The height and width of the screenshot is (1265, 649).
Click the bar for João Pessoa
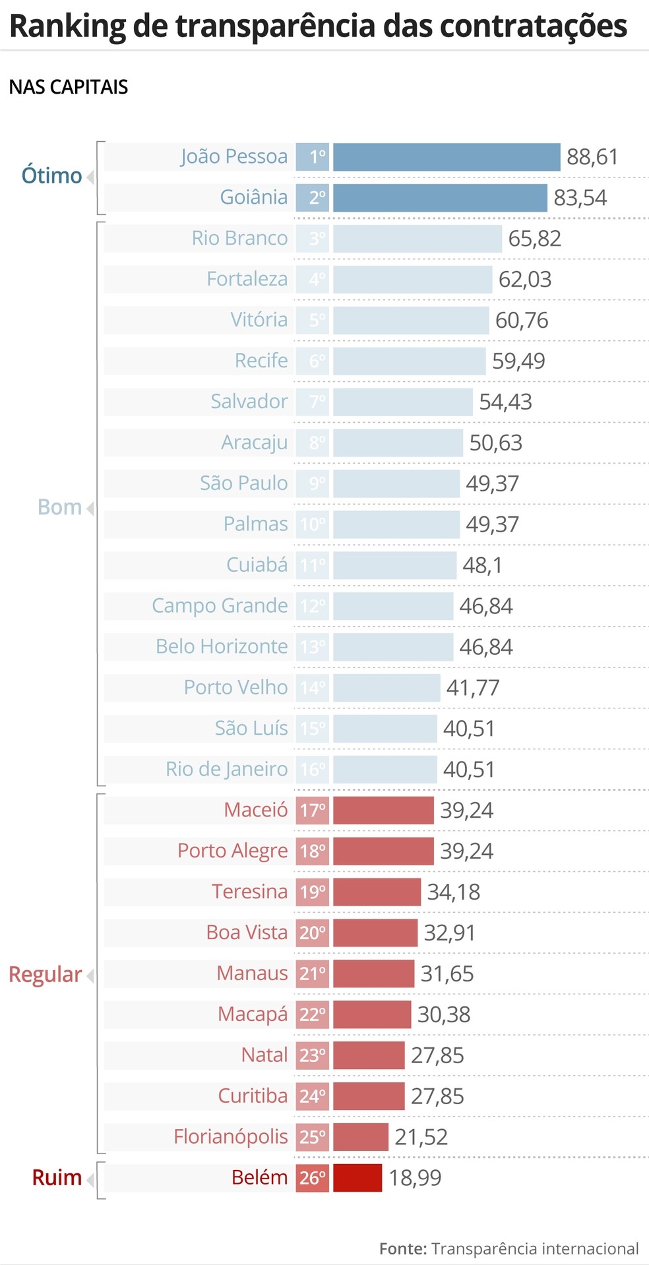point(446,157)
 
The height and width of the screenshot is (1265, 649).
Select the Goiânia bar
point(439,198)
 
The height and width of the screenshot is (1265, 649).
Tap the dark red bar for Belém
point(357,1178)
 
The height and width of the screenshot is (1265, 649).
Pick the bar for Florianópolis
point(360,1137)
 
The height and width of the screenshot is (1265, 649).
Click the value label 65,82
point(534,239)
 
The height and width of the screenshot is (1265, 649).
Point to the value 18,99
point(415,1178)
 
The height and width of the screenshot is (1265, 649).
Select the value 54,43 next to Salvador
point(505,402)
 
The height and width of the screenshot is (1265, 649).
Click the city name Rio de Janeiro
point(226,770)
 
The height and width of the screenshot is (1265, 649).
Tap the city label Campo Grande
point(220,606)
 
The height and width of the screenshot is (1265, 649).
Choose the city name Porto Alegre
point(232,851)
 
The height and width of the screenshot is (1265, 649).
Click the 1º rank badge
point(312,157)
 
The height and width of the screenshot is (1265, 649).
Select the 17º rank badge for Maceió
point(312,811)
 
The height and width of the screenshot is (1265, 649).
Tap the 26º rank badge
point(312,1178)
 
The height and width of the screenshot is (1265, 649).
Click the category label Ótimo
point(51,176)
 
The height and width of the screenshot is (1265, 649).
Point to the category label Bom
point(59,507)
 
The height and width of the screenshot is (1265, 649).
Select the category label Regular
point(45,975)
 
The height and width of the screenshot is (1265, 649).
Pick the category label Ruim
point(57,1178)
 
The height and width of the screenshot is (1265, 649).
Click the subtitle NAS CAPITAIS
point(69,87)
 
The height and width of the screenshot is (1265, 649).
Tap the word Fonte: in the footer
point(402,1249)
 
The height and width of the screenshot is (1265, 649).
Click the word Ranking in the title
point(67,26)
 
